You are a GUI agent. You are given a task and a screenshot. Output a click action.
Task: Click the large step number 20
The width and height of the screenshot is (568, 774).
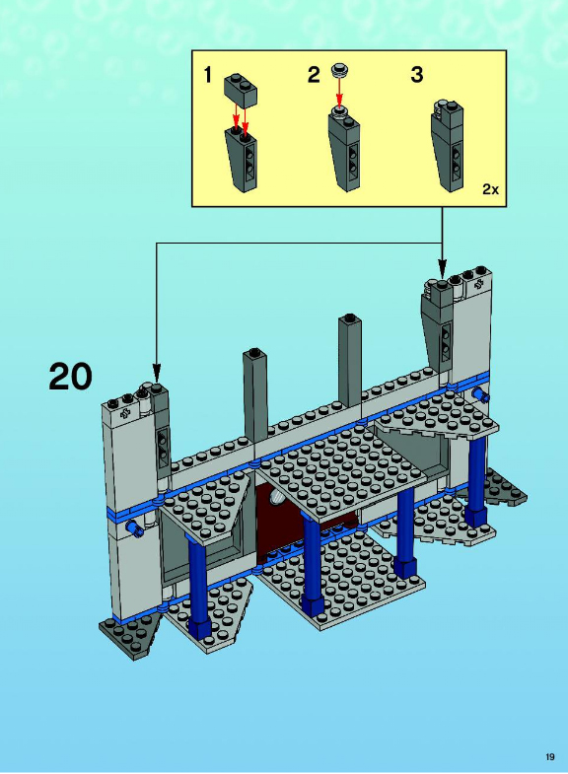point(70,376)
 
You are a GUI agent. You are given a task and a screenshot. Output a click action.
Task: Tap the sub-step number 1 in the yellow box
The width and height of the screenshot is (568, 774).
point(208,75)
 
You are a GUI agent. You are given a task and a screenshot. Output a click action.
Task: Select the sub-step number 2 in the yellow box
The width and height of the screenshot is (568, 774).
point(314,75)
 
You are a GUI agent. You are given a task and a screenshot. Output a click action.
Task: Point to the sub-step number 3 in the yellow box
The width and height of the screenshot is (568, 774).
point(417,75)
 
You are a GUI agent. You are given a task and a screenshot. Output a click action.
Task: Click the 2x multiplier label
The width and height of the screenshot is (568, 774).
point(490,189)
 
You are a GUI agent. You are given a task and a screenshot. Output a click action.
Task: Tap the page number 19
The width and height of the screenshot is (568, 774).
point(550,757)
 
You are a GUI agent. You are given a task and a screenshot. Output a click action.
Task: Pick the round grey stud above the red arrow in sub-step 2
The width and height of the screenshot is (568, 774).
point(339,69)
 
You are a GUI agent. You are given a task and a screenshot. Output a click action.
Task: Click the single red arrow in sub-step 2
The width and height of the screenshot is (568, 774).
point(339,92)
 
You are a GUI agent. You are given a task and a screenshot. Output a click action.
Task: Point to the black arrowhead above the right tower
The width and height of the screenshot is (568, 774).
point(442,270)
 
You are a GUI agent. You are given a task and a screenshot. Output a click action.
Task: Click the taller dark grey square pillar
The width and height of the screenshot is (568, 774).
point(350,360)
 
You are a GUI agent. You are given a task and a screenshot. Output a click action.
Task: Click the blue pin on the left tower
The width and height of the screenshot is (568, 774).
point(134,528)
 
